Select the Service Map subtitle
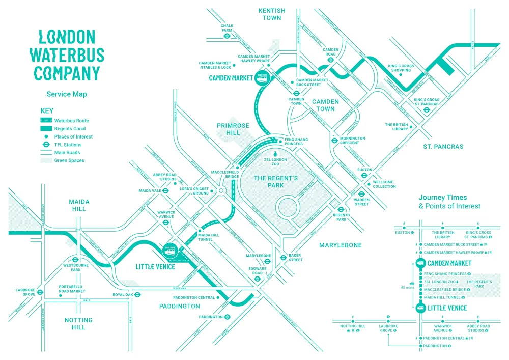[67, 94]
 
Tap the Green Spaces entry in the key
[70, 161]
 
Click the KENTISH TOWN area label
[272, 14]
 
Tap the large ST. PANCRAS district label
[443, 147]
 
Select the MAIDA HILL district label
[79, 205]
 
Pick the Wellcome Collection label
[384, 184]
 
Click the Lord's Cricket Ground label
[194, 191]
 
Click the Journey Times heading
[443, 197]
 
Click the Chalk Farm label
[227, 28]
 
